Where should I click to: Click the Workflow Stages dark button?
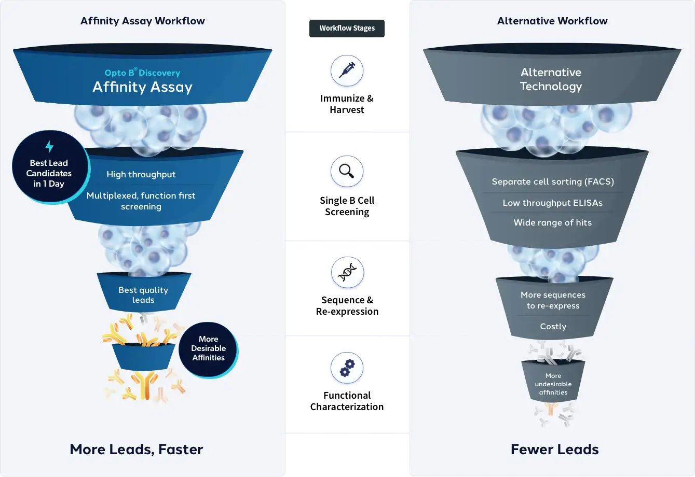pyautogui.click(x=347, y=29)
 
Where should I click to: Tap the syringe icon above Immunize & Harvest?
pyautogui.click(x=347, y=71)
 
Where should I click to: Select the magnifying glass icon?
pyautogui.click(x=347, y=171)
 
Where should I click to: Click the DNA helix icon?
pyautogui.click(x=347, y=272)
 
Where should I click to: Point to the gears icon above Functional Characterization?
pyautogui.click(x=347, y=368)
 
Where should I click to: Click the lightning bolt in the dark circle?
pyautogui.click(x=49, y=147)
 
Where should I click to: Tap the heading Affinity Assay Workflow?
pyautogui.click(x=143, y=21)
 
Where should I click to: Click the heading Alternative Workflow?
pyautogui.click(x=552, y=21)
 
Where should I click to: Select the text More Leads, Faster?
pyautogui.click(x=137, y=450)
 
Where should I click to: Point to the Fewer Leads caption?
pyautogui.click(x=555, y=450)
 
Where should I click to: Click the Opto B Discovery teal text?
pyautogui.click(x=142, y=72)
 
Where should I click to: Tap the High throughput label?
pyautogui.click(x=141, y=175)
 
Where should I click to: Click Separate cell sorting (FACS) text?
pyautogui.click(x=553, y=181)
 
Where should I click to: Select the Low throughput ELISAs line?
pyautogui.click(x=553, y=203)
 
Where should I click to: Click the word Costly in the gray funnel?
pyautogui.click(x=553, y=327)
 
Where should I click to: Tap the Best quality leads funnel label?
pyautogui.click(x=143, y=295)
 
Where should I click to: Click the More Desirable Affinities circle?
pyautogui.click(x=208, y=349)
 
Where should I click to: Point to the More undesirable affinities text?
pyautogui.click(x=553, y=384)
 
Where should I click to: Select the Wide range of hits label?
pyautogui.click(x=553, y=222)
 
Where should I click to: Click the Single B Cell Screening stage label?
pyautogui.click(x=347, y=206)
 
